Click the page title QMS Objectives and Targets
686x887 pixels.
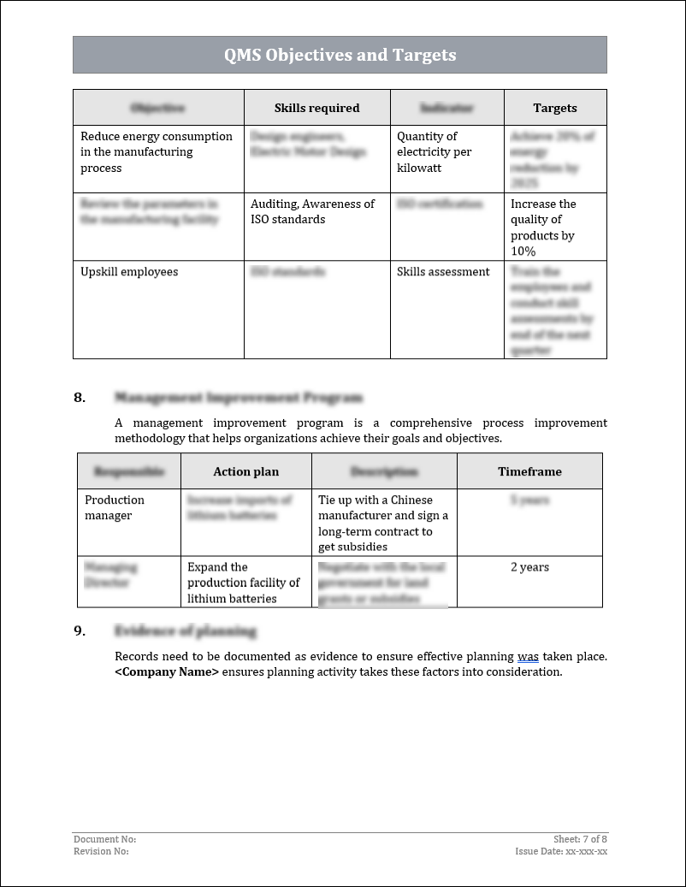[340, 56]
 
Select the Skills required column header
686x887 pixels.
[316, 108]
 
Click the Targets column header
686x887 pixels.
[554, 108]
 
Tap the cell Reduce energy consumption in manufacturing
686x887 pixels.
[157, 152]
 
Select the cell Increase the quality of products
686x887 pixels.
[543, 228]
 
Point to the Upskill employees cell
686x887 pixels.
[129, 272]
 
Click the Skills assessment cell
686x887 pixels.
[443, 272]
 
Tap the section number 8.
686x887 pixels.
[80, 398]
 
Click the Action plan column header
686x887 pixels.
[245, 471]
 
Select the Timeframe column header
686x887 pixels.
[529, 471]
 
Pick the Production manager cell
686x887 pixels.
[115, 508]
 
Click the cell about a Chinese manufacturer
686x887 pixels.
[383, 523]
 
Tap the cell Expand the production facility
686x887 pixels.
[244, 582]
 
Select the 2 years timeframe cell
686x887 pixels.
[529, 567]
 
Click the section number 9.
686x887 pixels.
[80, 631]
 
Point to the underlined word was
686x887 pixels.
[528, 657]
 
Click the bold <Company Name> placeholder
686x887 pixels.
[167, 672]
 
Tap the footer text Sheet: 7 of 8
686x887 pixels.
[580, 839]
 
